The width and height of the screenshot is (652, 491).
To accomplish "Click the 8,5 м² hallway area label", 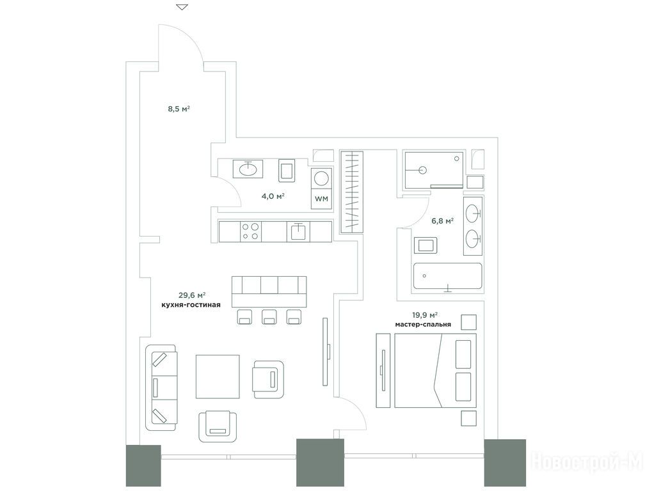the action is pyautogui.click(x=179, y=109).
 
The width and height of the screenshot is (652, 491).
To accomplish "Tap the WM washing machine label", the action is pyautogui.click(x=321, y=199).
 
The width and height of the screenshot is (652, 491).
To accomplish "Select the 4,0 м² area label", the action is pyautogui.click(x=273, y=196).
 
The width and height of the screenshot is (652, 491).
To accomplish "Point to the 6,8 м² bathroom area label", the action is pyautogui.click(x=442, y=221).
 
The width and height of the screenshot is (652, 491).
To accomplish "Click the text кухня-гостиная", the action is pyautogui.click(x=191, y=305).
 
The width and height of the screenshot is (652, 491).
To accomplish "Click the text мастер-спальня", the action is pyautogui.click(x=424, y=324).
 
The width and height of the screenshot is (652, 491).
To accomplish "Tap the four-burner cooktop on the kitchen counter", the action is pyautogui.click(x=251, y=231).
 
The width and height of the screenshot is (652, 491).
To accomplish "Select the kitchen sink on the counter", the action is pyautogui.click(x=298, y=232).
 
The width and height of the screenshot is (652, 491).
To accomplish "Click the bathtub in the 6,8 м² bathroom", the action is pyautogui.click(x=447, y=276).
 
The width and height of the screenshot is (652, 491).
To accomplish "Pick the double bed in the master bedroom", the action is pyautogui.click(x=435, y=370).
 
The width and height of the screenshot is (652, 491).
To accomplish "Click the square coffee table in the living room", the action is pyautogui.click(x=218, y=377).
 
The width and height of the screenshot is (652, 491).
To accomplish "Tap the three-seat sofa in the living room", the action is pyautogui.click(x=161, y=387).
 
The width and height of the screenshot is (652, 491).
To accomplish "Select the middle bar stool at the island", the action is pyautogui.click(x=269, y=317).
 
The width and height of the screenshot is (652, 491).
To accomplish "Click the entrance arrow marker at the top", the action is pyautogui.click(x=182, y=7).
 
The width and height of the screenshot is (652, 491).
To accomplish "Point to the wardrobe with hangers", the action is pyautogui.click(x=352, y=192).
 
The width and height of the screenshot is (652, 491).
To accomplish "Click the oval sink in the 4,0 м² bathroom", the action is pyautogui.click(x=248, y=169).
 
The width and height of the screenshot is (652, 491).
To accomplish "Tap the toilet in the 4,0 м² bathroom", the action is pyautogui.click(x=286, y=170).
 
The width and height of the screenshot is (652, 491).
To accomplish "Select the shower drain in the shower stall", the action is pyautogui.click(x=423, y=169).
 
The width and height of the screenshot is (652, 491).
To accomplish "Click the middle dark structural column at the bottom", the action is pyautogui.click(x=320, y=462).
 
